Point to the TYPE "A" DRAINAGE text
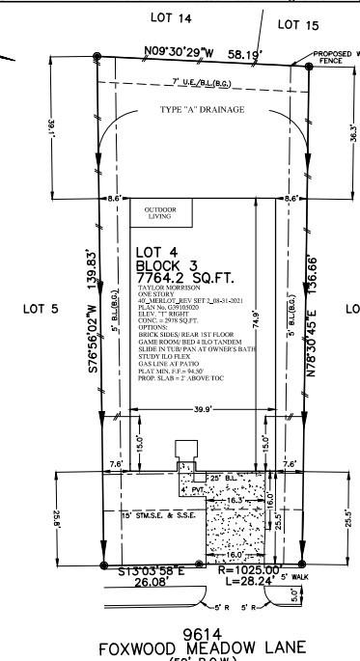pos(201,109)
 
